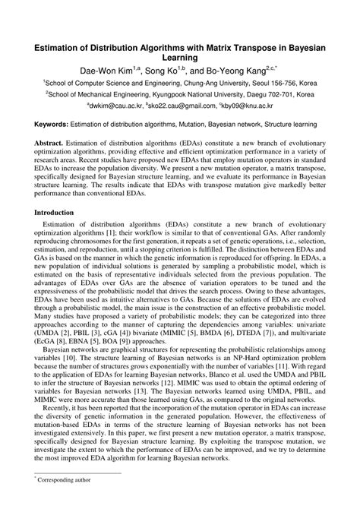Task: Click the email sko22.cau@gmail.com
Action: (x=181, y=109)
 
